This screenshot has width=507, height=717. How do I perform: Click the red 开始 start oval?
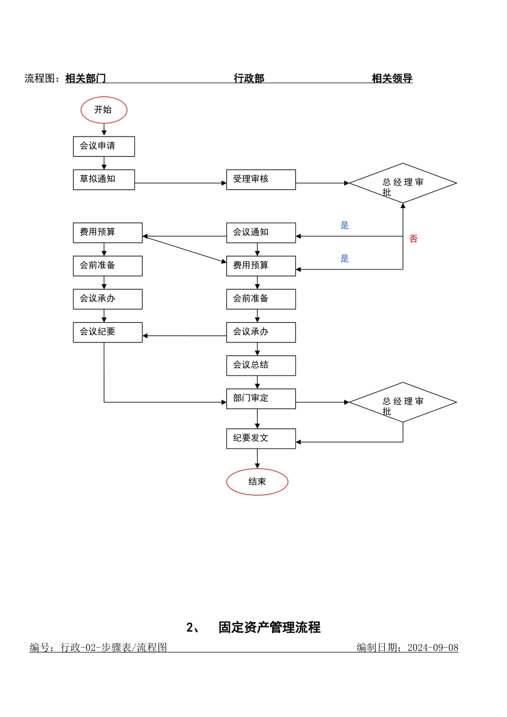point(104,110)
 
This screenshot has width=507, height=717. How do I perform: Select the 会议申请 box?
point(104,146)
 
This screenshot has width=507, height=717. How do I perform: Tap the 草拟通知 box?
point(104,179)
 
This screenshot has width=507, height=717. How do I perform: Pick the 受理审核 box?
point(261,179)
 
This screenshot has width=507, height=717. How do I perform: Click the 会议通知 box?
point(261,233)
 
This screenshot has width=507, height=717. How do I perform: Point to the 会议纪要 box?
point(108,332)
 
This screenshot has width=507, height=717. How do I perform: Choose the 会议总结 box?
point(261,365)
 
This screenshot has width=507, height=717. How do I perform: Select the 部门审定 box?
point(261,399)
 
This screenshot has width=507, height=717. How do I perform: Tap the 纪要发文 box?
point(261,439)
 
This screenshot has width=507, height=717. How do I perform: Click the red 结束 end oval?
point(257,482)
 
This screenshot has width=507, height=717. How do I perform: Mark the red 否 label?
point(414,238)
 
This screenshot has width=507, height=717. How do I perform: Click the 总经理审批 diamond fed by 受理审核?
point(403,183)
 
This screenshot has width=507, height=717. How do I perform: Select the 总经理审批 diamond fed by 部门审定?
point(403,402)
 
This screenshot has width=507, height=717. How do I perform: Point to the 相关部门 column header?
point(85,78)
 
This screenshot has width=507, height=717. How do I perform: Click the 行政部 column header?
point(249,78)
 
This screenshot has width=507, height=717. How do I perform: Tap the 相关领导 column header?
point(392,78)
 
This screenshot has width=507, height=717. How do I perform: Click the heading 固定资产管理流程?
point(270,627)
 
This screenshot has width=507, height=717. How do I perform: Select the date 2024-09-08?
point(433,648)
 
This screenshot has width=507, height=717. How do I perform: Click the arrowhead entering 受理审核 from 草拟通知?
point(224,183)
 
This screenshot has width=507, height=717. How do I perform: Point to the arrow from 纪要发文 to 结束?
point(257,458)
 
